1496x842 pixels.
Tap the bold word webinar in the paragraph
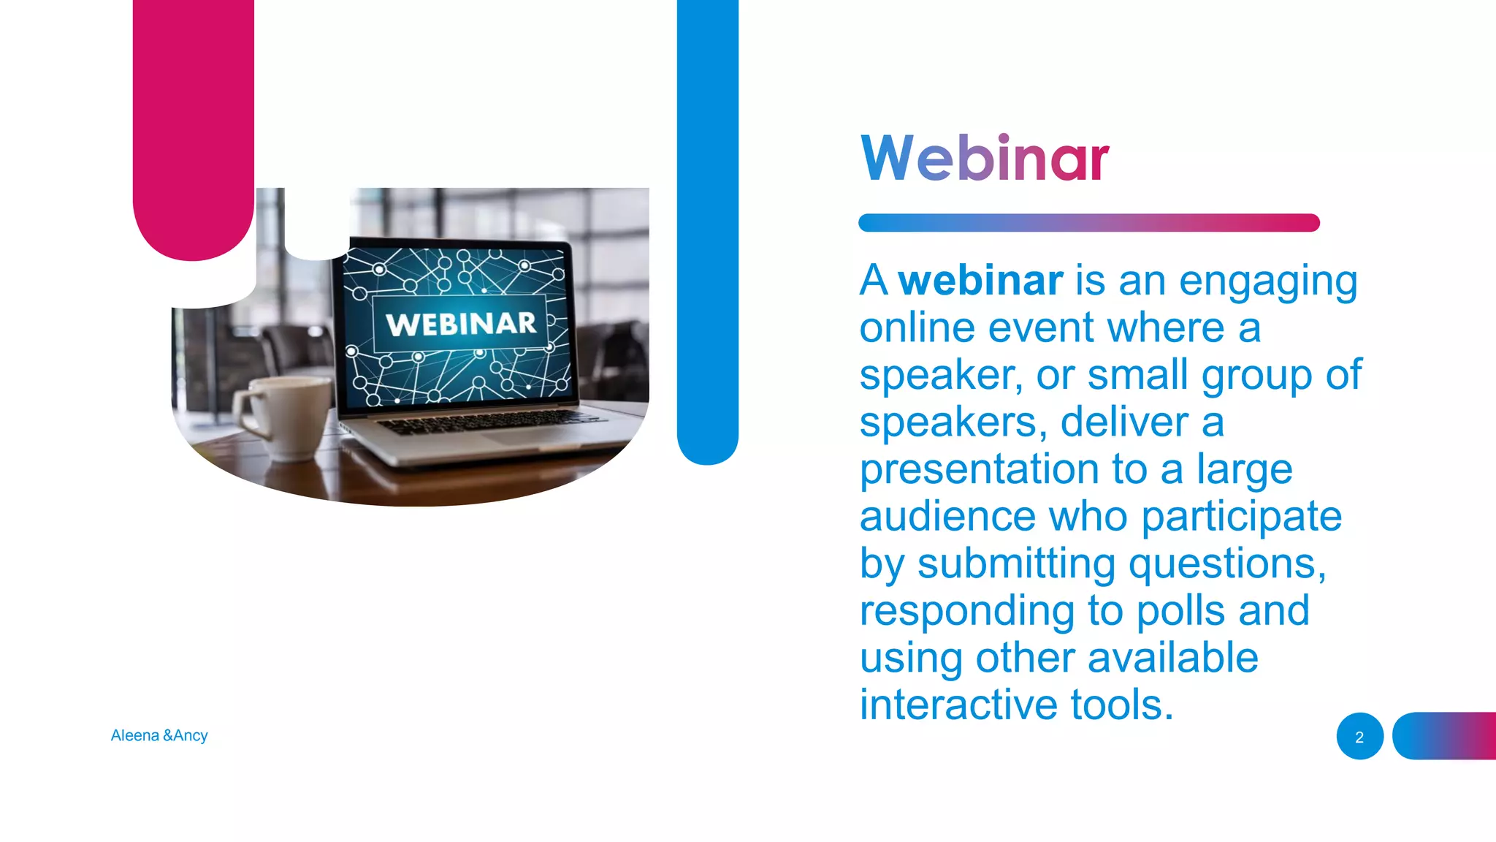[x=980, y=281]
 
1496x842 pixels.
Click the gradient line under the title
[x=1088, y=223]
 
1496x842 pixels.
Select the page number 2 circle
[x=1359, y=737]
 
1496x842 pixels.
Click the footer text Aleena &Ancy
[x=159, y=735]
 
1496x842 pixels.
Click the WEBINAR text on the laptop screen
[x=461, y=324]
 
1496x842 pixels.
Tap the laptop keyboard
[x=482, y=422]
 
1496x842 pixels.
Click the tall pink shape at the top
[x=194, y=124]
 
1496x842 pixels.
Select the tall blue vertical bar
[x=707, y=219]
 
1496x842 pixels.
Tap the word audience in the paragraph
[x=947, y=517]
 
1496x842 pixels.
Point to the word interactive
[x=958, y=705]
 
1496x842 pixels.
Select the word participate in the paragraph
[x=1241, y=517]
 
